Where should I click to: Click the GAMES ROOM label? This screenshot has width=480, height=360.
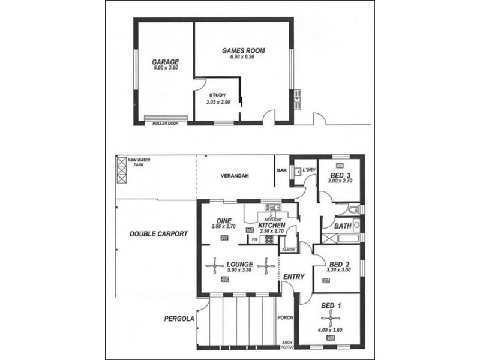(243, 50)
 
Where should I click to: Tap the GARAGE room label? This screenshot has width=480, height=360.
(164, 62)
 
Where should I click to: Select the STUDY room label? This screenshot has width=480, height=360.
(217, 95)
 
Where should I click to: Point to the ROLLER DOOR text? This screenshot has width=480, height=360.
(165, 123)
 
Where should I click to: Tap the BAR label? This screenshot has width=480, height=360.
(281, 170)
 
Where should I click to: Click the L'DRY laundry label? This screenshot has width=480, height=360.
(308, 170)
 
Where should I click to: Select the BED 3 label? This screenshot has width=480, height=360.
(339, 175)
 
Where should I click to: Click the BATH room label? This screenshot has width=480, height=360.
(343, 226)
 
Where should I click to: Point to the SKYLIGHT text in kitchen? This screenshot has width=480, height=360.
(274, 220)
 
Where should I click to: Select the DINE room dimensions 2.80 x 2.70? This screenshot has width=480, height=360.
(224, 226)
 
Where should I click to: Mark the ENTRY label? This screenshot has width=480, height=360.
(294, 277)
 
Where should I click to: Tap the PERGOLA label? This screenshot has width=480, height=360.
(179, 319)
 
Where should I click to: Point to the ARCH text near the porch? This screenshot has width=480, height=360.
(284, 344)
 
